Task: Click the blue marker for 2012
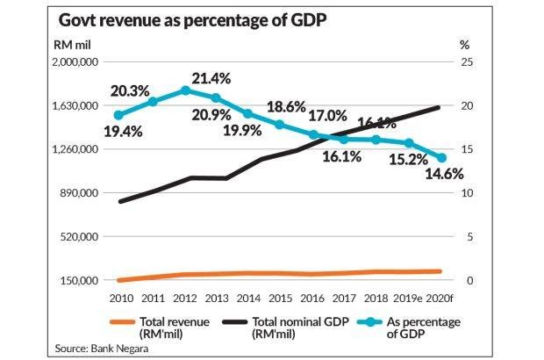(x=184, y=90)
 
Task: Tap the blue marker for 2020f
(x=441, y=158)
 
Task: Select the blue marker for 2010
(x=119, y=115)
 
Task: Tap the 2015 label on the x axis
(x=281, y=297)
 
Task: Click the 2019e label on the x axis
(x=410, y=297)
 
